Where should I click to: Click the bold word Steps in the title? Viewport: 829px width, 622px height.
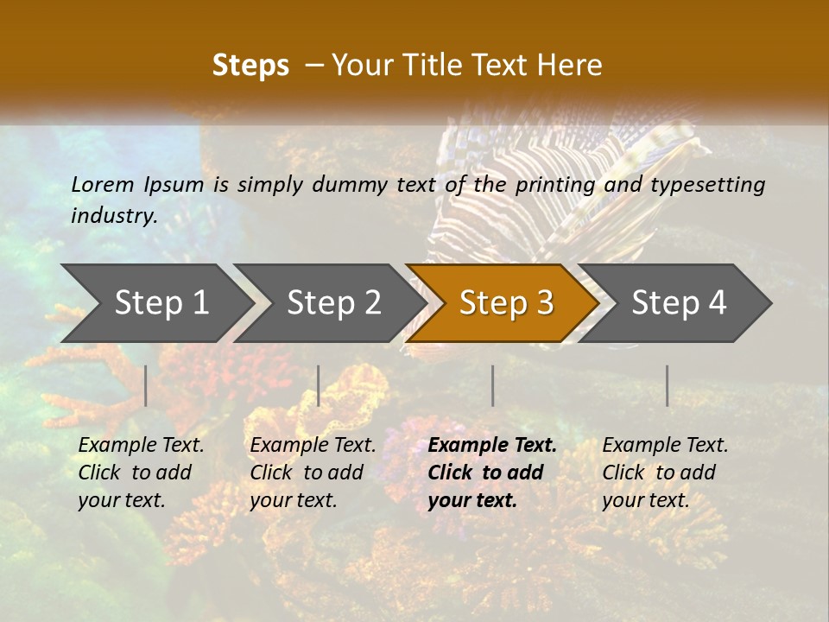tap(250, 66)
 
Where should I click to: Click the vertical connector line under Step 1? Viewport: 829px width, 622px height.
tap(146, 385)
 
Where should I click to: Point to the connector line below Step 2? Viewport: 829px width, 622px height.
tap(319, 385)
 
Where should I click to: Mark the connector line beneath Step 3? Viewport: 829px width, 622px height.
tap(492, 385)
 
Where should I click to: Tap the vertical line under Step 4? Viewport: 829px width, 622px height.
tap(668, 385)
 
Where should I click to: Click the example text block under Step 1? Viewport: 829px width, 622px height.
tap(141, 473)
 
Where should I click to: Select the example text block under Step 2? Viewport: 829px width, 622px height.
tap(313, 473)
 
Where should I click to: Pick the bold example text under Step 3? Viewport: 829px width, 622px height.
tap(492, 473)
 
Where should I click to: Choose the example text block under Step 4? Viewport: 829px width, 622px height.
tap(665, 473)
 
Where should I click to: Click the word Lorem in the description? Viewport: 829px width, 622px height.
tap(103, 184)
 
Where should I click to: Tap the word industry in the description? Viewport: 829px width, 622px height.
tap(114, 216)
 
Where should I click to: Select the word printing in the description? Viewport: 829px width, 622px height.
tap(552, 184)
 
